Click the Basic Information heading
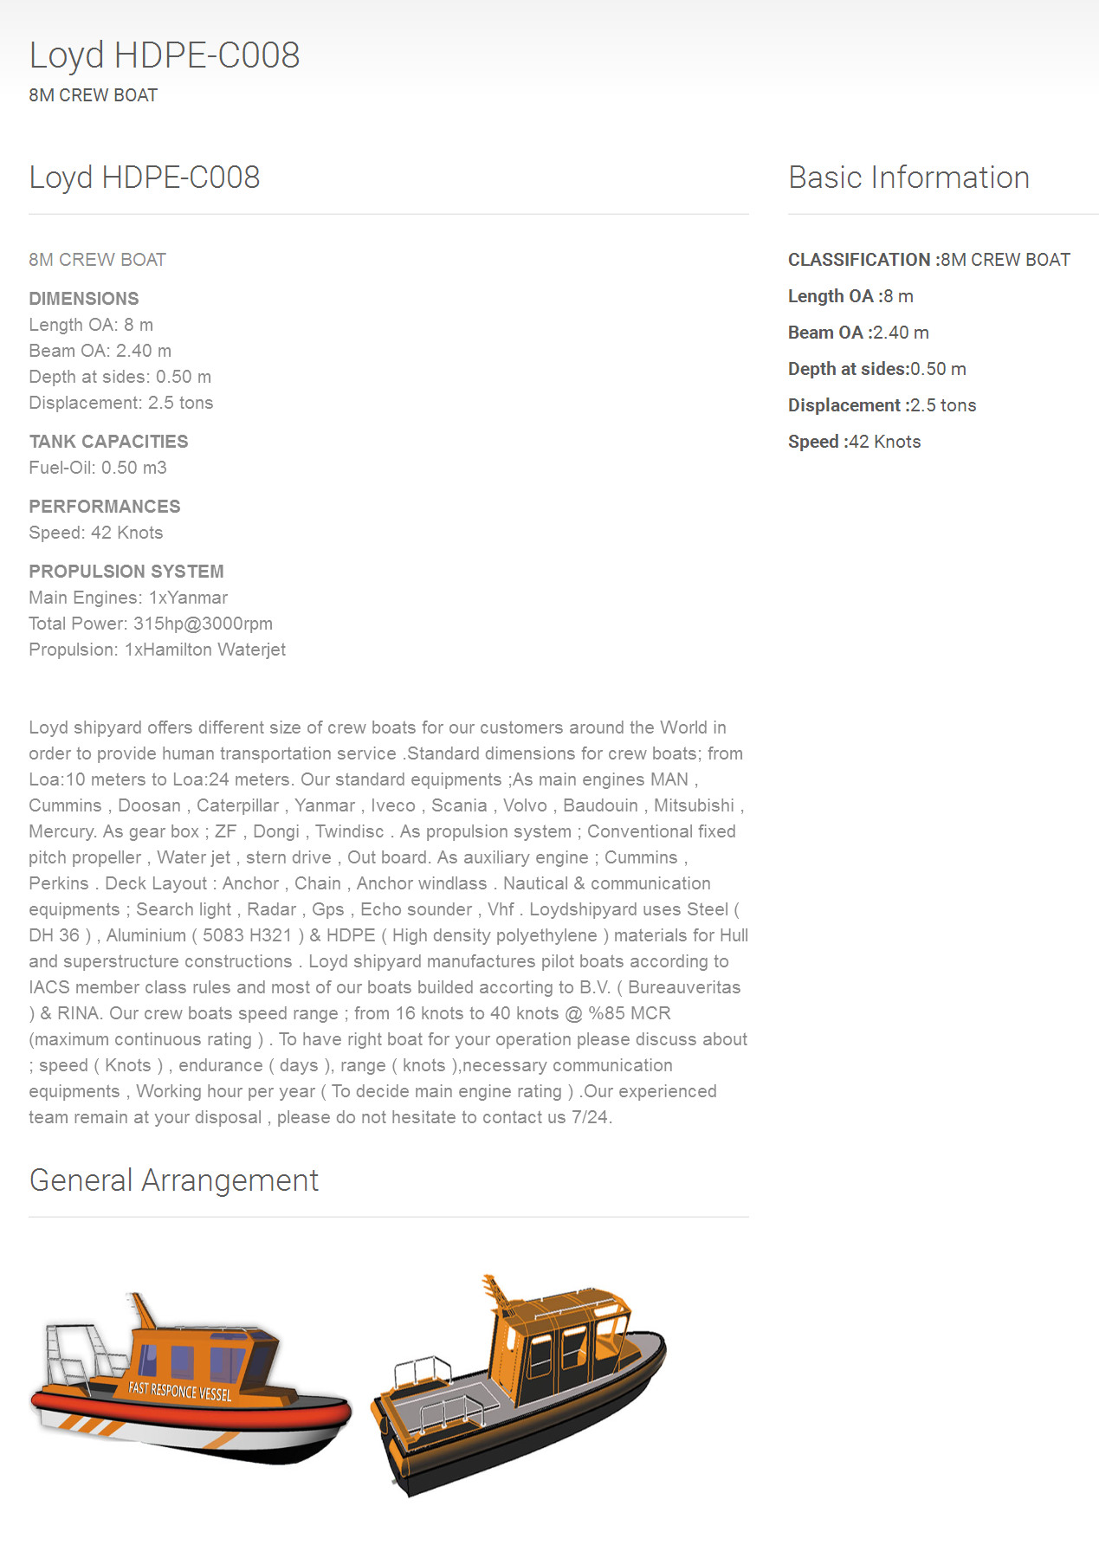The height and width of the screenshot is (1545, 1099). (x=908, y=178)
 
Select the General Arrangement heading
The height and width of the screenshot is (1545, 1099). (x=174, y=1180)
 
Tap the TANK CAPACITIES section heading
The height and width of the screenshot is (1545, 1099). (x=108, y=442)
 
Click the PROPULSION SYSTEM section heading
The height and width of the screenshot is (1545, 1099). (x=126, y=572)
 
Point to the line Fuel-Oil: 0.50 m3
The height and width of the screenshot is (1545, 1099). (x=98, y=468)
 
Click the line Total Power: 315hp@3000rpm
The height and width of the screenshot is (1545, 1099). (x=151, y=624)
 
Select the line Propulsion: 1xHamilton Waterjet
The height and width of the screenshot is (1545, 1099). (x=157, y=650)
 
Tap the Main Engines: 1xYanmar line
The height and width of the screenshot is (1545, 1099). (x=128, y=598)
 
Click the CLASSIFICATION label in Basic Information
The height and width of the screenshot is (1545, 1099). (x=858, y=260)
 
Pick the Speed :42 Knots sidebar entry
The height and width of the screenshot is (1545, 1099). (x=854, y=442)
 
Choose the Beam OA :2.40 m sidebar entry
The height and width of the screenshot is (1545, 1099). (x=858, y=333)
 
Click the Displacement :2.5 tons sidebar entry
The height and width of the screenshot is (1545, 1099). (x=882, y=405)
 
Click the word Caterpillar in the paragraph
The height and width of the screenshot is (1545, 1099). (x=237, y=805)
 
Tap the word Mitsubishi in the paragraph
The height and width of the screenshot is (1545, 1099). (x=694, y=805)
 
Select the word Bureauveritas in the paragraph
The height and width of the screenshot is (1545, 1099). (x=684, y=987)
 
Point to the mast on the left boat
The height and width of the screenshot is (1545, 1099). (x=143, y=1312)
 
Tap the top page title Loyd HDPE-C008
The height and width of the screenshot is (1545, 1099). (x=165, y=55)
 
